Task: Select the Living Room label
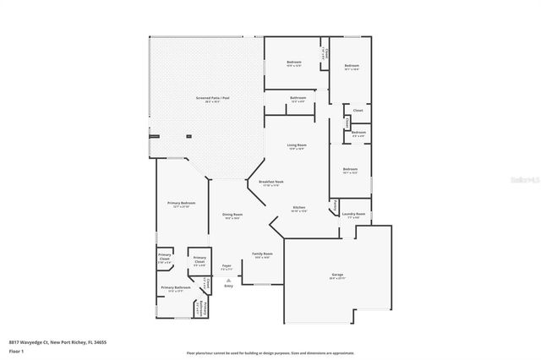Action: pyautogui.click(x=297, y=145)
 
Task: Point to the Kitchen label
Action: pyautogui.click(x=299, y=208)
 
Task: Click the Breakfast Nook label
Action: pyautogui.click(x=259, y=183)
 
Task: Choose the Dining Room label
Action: pyautogui.click(x=233, y=215)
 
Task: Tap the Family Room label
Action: pyautogui.click(x=262, y=254)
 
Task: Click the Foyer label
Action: pyautogui.click(x=227, y=265)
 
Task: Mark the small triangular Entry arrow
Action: pyautogui.click(x=227, y=279)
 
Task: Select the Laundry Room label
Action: pyautogui.click(x=353, y=215)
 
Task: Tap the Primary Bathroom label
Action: pyautogui.click(x=174, y=288)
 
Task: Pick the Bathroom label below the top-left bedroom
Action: pyautogui.click(x=298, y=98)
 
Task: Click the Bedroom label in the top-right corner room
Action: pyautogui.click(x=352, y=67)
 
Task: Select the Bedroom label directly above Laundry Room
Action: pyautogui.click(x=351, y=170)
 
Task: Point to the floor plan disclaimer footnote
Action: pyautogui.click(x=270, y=352)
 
